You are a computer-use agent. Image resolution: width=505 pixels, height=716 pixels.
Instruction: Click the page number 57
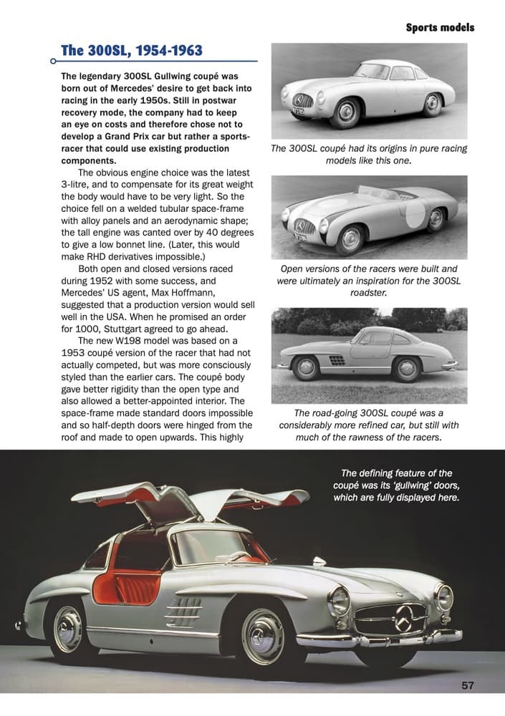(467, 686)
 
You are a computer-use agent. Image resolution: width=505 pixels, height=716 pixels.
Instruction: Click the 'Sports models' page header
(440, 28)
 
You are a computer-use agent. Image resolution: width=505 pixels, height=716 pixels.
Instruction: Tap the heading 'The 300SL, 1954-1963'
(132, 50)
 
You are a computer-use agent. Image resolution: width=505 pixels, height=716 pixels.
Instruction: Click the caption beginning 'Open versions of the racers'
(369, 281)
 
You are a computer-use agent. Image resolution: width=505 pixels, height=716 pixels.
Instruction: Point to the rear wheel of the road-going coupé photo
(406, 369)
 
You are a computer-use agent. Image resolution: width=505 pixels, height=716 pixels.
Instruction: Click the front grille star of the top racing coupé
(298, 101)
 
